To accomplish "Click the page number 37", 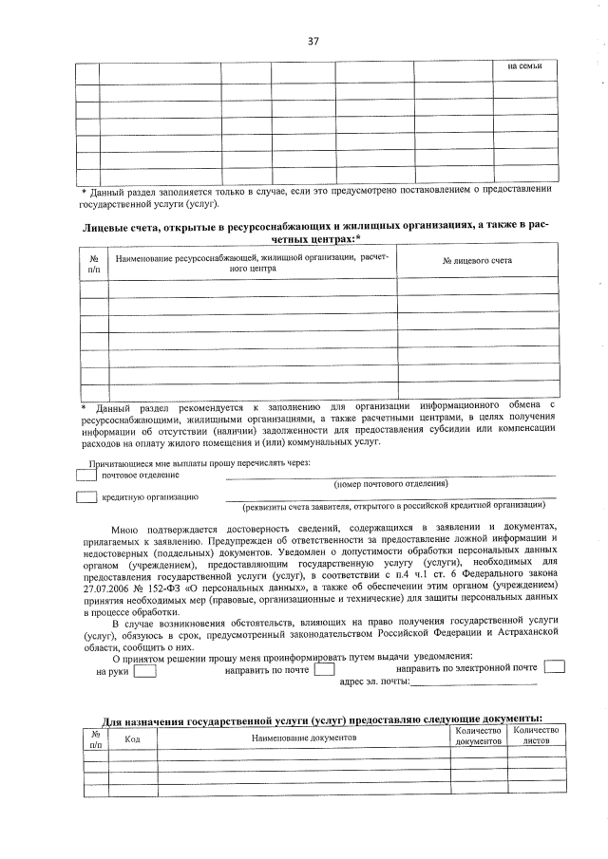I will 313,41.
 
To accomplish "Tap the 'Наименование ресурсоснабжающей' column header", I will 252,263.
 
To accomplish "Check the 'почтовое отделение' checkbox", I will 86,475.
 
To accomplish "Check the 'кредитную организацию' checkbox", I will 86,497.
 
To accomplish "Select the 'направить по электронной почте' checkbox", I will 554,666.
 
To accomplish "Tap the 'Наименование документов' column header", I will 303,738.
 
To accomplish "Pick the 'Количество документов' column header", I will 477,736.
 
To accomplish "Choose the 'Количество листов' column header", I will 536,736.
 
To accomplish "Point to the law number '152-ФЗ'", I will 178,588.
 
